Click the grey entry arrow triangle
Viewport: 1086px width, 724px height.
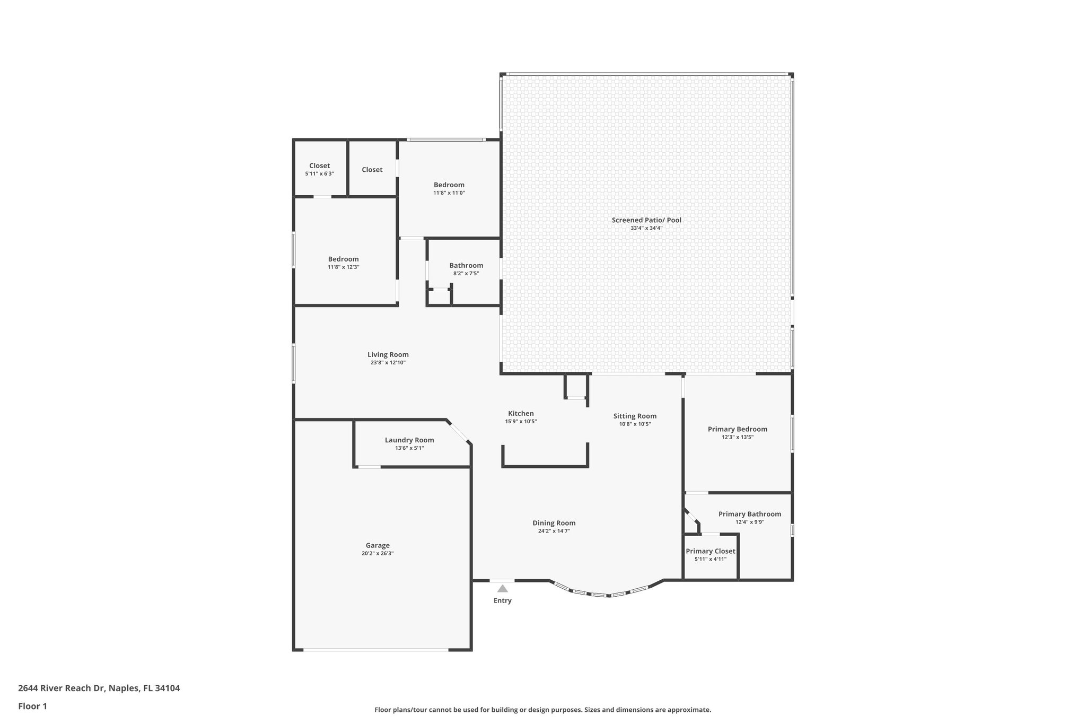click(x=502, y=588)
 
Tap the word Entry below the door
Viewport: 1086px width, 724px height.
click(x=502, y=600)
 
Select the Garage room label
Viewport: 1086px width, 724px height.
click(x=378, y=545)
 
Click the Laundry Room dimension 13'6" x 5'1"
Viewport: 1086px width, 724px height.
click(x=409, y=448)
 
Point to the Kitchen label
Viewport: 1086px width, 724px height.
click(x=521, y=414)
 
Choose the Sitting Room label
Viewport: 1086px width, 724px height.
click(x=635, y=416)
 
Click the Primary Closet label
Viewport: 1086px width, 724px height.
click(x=710, y=551)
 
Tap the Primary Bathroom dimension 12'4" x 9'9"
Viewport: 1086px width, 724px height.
click(x=749, y=522)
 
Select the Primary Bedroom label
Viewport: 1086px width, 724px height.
click(x=737, y=429)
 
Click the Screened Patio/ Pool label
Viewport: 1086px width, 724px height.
click(x=646, y=220)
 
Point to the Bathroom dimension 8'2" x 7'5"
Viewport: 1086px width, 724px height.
click(x=466, y=274)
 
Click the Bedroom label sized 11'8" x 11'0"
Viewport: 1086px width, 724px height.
click(x=449, y=185)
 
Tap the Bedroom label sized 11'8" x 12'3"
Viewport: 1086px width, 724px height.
click(x=343, y=259)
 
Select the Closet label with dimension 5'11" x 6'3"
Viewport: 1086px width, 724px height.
click(x=319, y=166)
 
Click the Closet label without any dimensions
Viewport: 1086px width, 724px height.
click(x=372, y=170)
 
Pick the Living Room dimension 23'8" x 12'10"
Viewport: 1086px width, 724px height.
click(x=388, y=363)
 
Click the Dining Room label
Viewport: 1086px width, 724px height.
click(x=554, y=523)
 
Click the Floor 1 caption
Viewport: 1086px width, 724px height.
click(x=32, y=706)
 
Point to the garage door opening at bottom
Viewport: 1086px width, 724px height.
click(x=376, y=650)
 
